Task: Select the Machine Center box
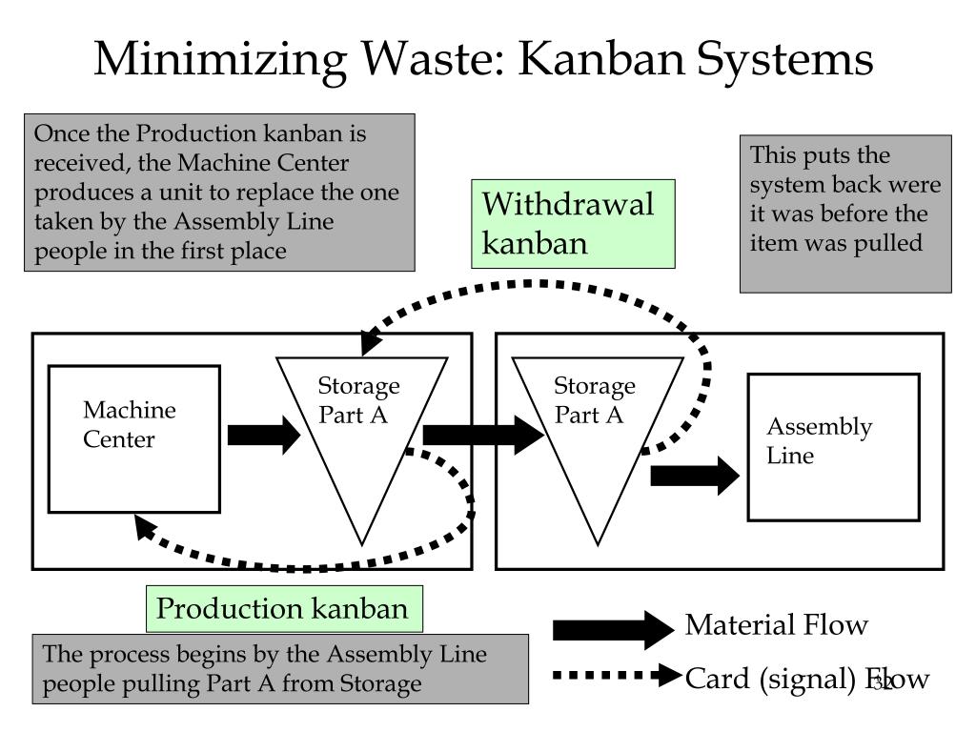134,438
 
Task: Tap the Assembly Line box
833,447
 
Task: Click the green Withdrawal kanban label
573,224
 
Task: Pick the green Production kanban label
284,609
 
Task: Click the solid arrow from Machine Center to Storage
264,435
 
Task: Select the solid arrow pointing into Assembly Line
695,477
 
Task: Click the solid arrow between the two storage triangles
483,435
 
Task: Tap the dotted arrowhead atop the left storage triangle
371,343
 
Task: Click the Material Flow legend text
776,624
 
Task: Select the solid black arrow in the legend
613,630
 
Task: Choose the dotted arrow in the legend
617,675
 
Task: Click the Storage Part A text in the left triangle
358,399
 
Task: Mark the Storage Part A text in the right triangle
595,399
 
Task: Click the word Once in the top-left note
61,133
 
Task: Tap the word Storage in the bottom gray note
379,684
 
